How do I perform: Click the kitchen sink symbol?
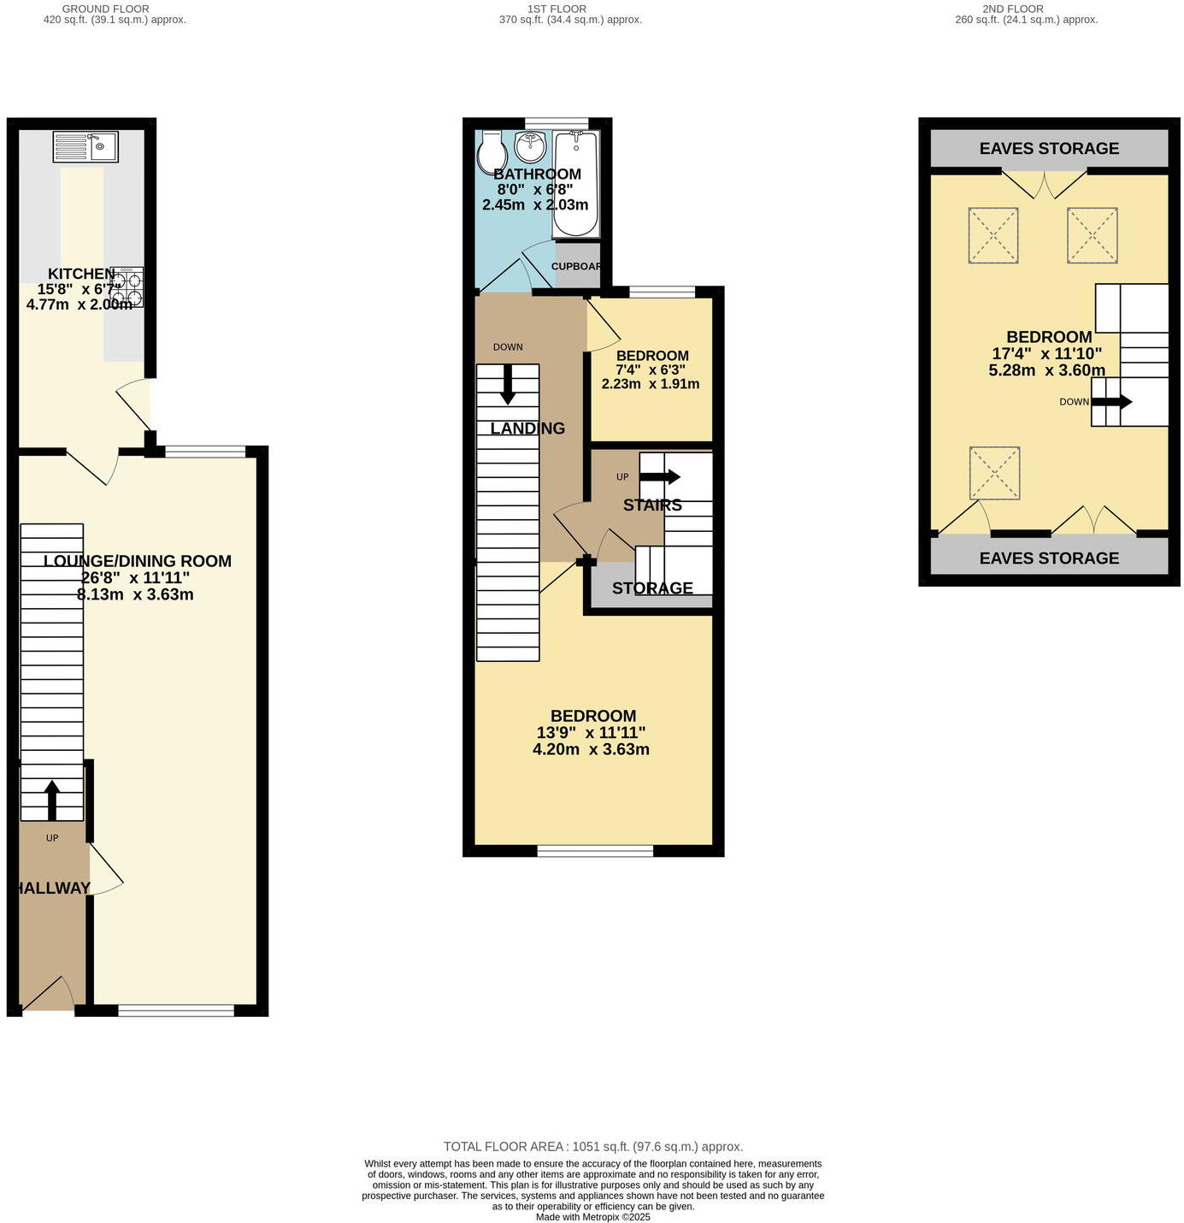[85, 146]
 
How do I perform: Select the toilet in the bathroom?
[492, 152]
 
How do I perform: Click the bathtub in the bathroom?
[576, 184]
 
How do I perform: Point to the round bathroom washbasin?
[531, 148]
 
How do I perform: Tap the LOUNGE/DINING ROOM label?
[137, 562]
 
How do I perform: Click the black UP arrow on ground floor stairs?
[52, 800]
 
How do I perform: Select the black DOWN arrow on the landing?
[508, 384]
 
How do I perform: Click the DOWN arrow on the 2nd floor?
[1112, 401]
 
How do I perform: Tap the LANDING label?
[527, 428]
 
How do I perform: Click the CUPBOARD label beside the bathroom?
[576, 267]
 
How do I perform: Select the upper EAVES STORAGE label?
[1049, 149]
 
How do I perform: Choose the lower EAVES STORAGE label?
[1049, 558]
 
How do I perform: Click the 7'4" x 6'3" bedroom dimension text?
[652, 370]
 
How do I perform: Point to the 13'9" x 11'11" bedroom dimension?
[591, 733]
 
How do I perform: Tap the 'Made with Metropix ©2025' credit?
[592, 1217]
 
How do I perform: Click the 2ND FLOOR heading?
[1012, 9]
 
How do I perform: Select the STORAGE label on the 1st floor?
[652, 588]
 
